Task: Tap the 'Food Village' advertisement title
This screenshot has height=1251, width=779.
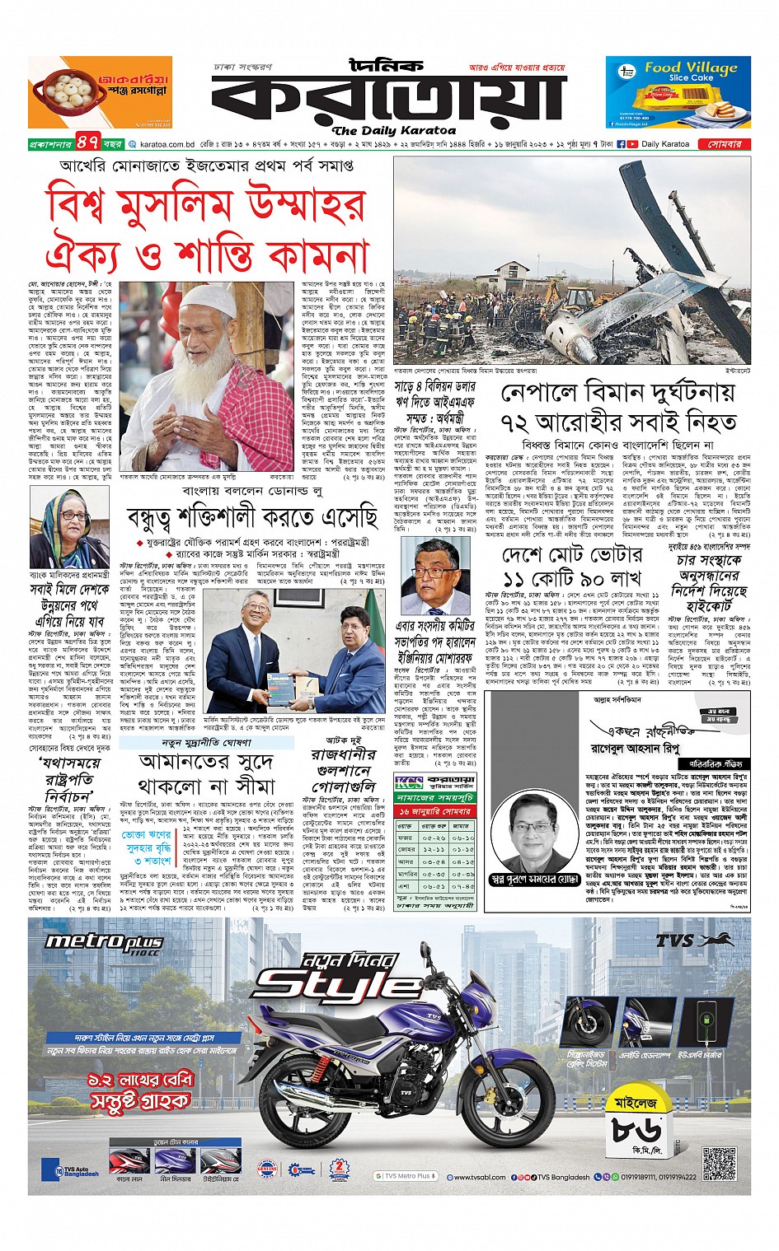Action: tap(690, 68)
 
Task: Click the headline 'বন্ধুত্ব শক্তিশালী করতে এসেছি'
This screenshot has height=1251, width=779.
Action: tap(251, 517)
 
